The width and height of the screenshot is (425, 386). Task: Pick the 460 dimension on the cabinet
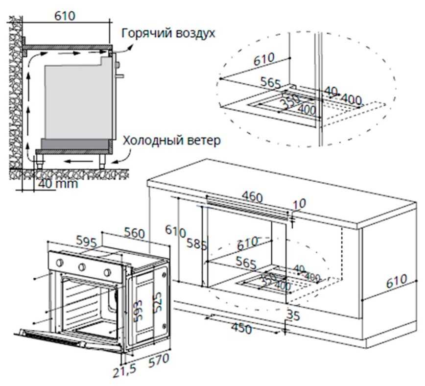253,197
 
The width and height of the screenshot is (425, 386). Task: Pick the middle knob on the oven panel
82,267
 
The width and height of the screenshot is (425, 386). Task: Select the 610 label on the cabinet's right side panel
396,281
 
